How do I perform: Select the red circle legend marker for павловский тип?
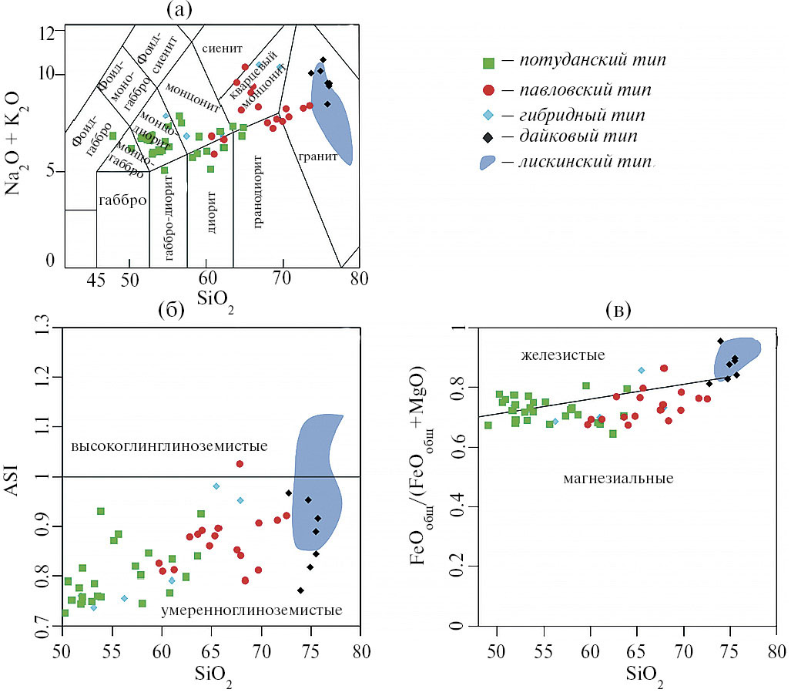tap(487, 89)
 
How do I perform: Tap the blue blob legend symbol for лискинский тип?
tap(490, 163)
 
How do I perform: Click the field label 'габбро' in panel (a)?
tap(122, 201)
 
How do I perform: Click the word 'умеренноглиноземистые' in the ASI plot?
tap(251, 611)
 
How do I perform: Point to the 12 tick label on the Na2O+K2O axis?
tap(48, 33)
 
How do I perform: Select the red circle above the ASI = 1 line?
tap(240, 464)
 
